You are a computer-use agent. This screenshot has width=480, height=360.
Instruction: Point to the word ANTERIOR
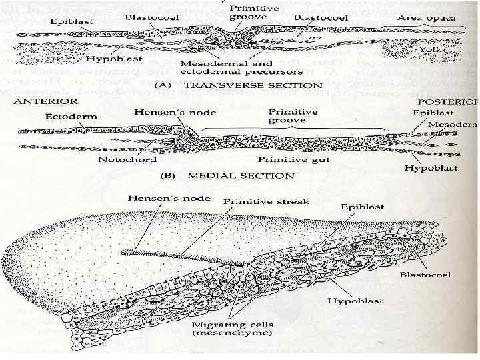pos(44,101)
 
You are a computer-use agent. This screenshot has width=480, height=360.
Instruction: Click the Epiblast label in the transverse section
pos(69,22)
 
